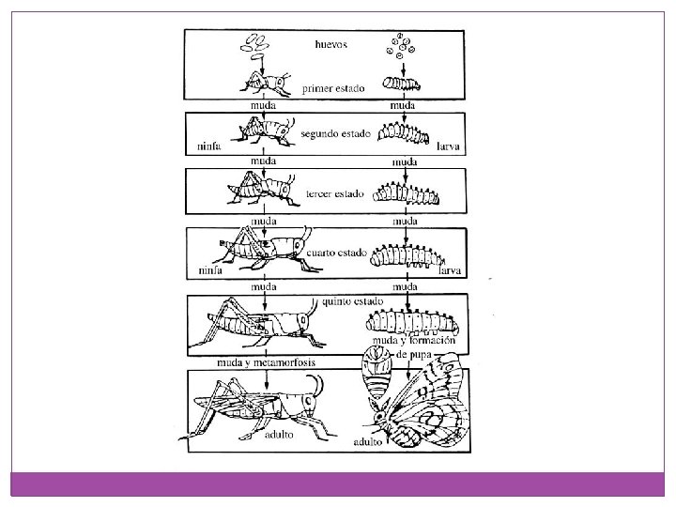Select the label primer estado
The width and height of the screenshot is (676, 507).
[332, 88]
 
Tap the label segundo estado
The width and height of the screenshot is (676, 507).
[333, 133]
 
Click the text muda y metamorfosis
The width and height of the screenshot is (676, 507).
[266, 362]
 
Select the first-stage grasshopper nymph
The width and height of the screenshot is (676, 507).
[265, 84]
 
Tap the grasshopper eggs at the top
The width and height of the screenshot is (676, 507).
[257, 42]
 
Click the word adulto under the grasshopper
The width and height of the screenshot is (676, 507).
[280, 435]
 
